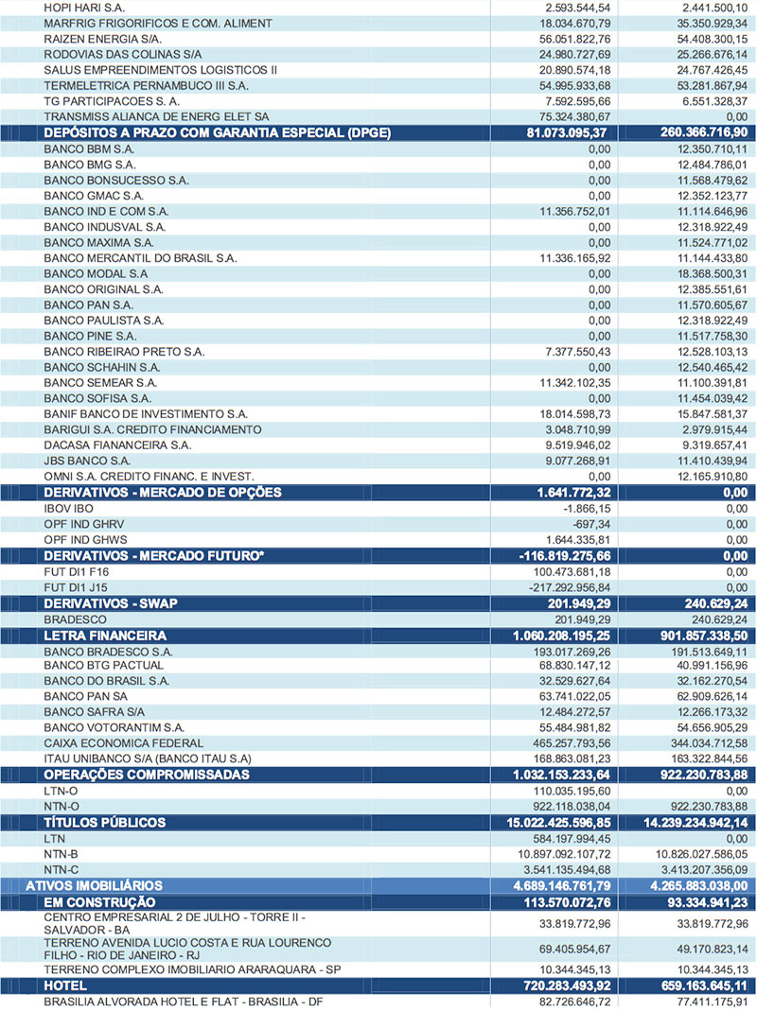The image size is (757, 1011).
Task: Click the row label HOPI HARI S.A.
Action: [86, 7]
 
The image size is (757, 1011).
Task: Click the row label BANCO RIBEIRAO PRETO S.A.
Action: [124, 351]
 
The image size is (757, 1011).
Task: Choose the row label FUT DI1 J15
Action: [76, 586]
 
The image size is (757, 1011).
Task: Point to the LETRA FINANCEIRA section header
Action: [105, 635]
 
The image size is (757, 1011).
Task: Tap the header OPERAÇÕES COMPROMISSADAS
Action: [147, 775]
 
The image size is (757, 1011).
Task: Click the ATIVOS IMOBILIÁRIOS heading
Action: [94, 885]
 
